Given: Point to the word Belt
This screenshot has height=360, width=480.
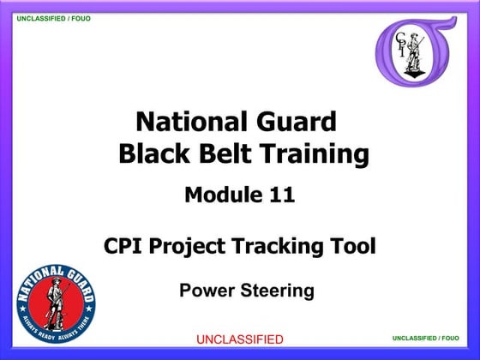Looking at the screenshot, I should pos(222,154).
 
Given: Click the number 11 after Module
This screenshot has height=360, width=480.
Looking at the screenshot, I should pos(280,195).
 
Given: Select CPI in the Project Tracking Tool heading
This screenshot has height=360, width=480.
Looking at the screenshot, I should pos(124,247).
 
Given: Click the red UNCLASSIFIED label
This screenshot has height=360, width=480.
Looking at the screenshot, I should pos(240,339).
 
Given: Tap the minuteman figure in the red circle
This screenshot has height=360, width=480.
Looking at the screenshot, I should pos(55,305).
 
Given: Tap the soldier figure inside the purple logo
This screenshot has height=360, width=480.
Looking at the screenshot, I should pos(417,53).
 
